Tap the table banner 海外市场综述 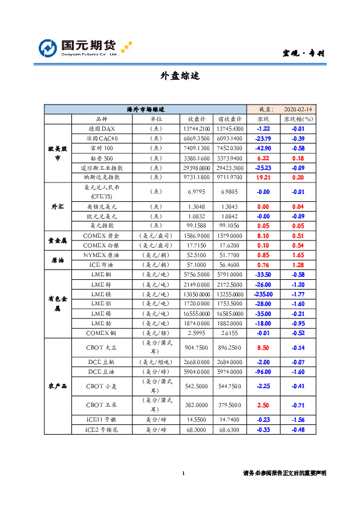[x=145, y=109]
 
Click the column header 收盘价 [x=196, y=119]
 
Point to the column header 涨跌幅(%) [x=298, y=119]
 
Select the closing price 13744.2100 [x=196, y=129]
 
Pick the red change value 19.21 [x=263, y=177]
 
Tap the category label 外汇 [x=58, y=206]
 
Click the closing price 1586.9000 [x=196, y=235]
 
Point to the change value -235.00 [x=263, y=294]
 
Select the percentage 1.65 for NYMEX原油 [x=298, y=255]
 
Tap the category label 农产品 [x=58, y=385]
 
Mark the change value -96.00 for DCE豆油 [x=263, y=372]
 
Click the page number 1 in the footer [x=183, y=473]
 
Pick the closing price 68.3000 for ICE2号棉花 [x=196, y=430]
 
